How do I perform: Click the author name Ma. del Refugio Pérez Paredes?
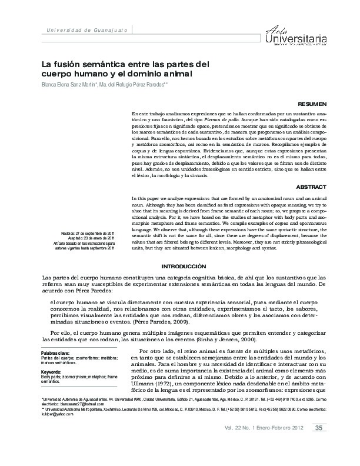(134, 85)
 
